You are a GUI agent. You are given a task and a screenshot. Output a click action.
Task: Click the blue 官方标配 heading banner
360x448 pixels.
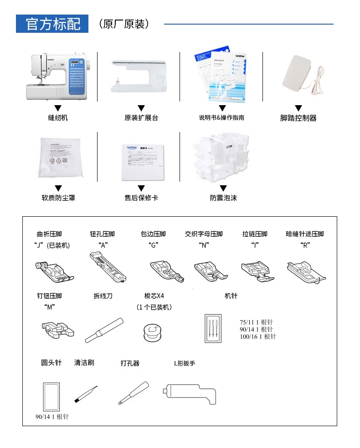52,24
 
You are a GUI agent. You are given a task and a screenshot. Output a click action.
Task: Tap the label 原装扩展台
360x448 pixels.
141,118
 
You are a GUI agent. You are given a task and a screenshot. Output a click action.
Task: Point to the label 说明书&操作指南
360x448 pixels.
221,118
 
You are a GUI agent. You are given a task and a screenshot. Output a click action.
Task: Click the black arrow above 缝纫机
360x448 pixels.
58,108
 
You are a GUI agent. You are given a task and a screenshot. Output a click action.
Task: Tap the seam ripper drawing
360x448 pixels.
104,330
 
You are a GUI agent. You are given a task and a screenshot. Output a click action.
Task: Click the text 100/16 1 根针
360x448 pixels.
258,336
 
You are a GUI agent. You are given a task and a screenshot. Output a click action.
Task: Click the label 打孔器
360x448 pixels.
130,363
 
